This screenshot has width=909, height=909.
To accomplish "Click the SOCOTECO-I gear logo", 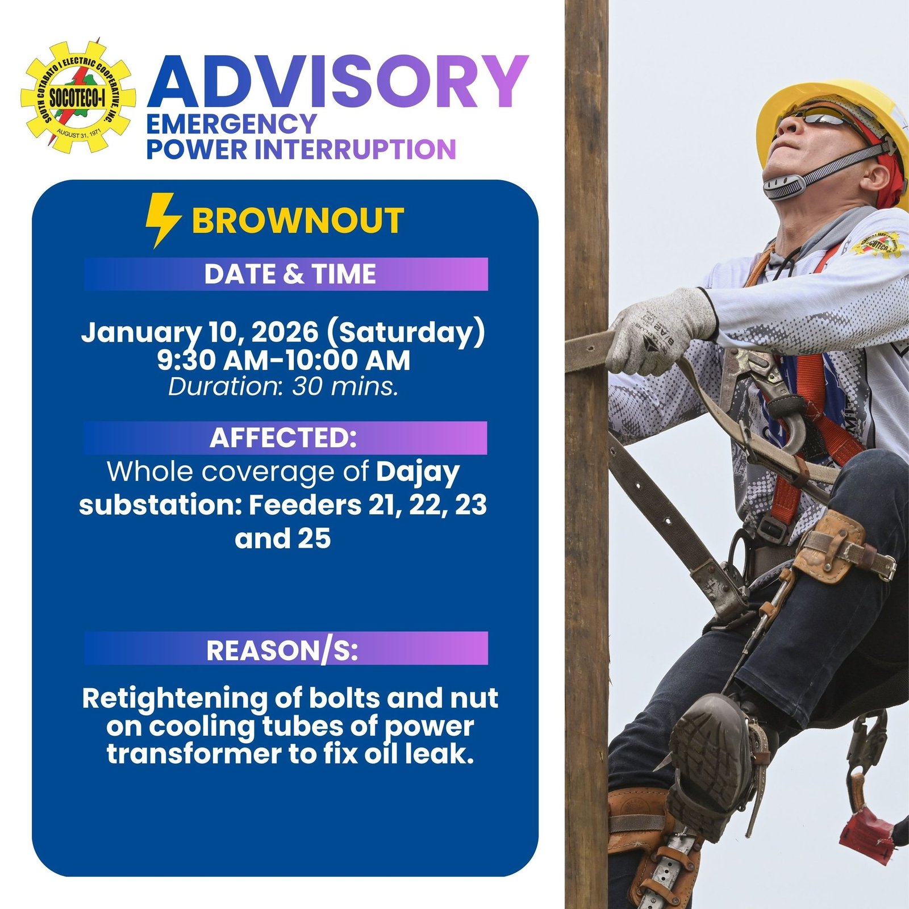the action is (78, 96).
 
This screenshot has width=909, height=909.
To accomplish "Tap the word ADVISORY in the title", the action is (338, 82).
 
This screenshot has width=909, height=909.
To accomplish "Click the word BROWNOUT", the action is (298, 220).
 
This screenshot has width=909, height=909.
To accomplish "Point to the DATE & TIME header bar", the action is (286, 274).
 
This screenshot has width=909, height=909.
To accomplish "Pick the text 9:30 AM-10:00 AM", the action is (283, 360).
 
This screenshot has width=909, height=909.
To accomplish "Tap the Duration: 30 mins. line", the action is (283, 386).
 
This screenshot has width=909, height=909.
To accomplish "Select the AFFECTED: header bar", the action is (286, 437).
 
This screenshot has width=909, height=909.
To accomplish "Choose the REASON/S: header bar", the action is (286, 648).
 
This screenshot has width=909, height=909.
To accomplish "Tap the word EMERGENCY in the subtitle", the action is (232, 123).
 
